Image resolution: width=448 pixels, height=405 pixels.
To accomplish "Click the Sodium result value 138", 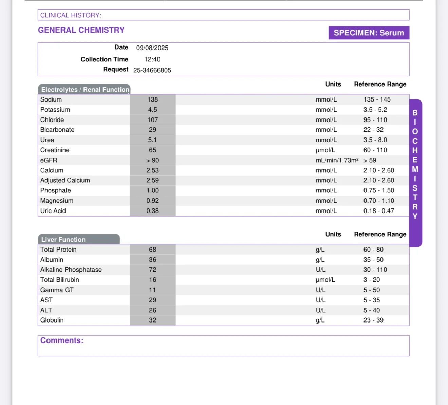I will point(152,99).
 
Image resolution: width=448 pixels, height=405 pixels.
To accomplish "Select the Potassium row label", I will point(55,110).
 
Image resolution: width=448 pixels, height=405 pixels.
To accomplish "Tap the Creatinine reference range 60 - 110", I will point(375,150).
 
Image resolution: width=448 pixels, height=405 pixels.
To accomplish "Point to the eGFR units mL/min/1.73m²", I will point(337,160).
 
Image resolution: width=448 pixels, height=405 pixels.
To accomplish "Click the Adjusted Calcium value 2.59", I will point(152,180).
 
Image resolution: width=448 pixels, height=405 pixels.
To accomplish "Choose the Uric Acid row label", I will point(53,211).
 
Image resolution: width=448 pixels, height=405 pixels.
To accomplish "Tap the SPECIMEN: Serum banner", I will point(369,33).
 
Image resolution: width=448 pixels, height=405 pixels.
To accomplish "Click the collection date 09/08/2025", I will point(152,48).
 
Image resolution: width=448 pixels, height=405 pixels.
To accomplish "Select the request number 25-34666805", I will point(152,70).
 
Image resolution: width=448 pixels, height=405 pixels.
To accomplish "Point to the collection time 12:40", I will point(152,59).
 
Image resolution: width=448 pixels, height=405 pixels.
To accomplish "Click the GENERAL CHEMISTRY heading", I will point(81,30).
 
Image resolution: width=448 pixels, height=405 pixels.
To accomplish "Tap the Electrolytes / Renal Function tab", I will point(85,90).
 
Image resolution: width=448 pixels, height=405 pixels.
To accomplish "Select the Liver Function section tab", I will point(63,240).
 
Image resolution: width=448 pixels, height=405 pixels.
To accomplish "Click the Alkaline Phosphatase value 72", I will point(152,270).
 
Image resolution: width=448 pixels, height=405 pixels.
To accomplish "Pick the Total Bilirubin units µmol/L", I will point(325,280).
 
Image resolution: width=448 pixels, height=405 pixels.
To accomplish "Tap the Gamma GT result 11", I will point(152,290).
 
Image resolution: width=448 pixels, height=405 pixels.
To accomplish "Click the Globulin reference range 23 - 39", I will point(373,320).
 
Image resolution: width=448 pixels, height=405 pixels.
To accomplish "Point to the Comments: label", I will point(62,340).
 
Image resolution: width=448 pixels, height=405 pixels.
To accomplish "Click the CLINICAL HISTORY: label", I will point(71,15).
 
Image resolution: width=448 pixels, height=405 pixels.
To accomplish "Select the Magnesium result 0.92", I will point(152,201).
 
